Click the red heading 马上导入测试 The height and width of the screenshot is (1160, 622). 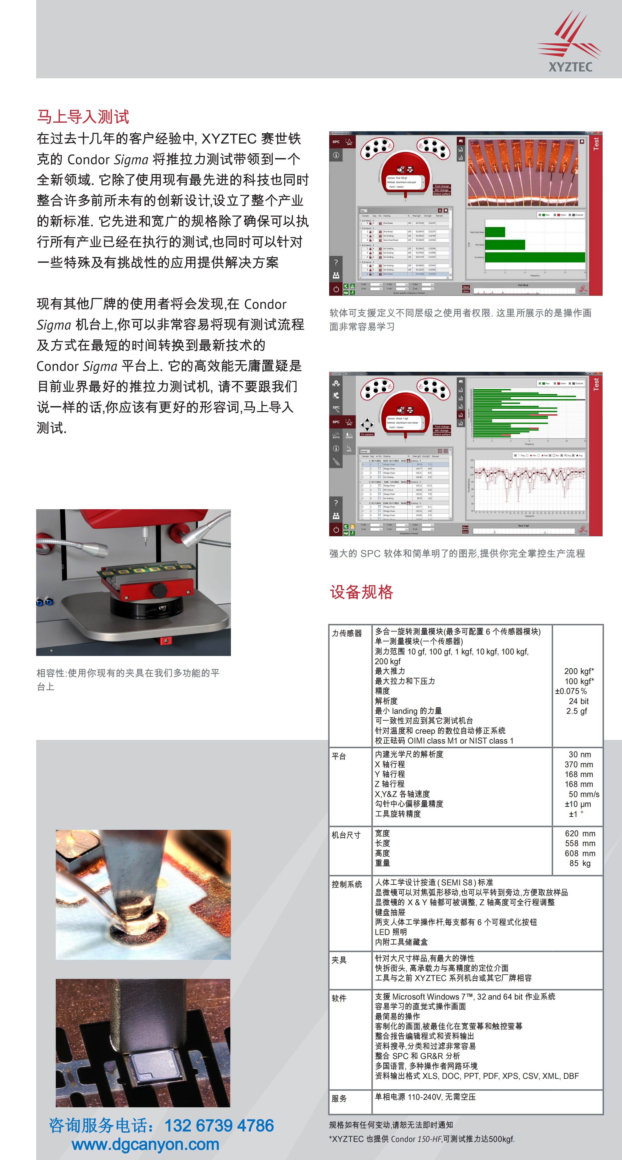(83, 117)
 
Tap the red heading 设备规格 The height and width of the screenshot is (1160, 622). (361, 592)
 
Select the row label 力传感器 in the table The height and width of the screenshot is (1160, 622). (347, 633)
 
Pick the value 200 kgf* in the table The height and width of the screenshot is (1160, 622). (579, 671)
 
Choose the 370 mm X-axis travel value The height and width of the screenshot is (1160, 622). (579, 764)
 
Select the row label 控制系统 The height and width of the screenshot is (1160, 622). (347, 884)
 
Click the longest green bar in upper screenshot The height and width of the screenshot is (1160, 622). (535, 257)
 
